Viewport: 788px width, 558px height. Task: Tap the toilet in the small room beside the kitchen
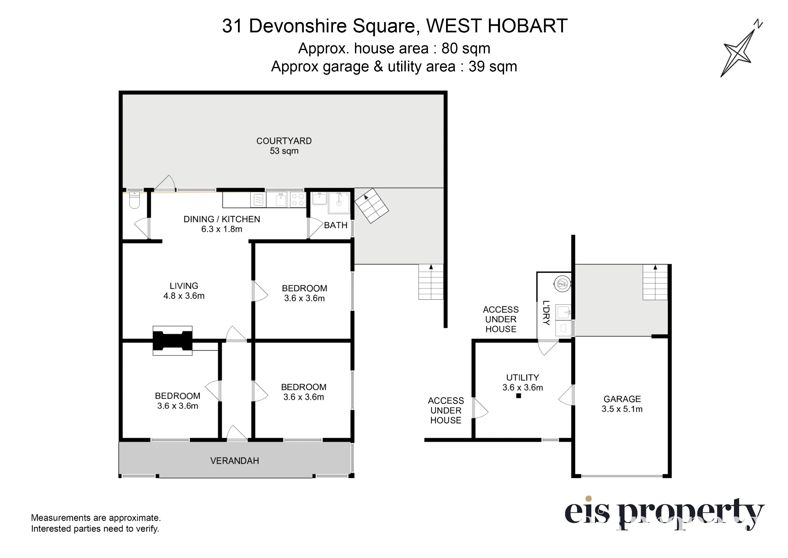click(x=134, y=200)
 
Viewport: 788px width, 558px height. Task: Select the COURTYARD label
click(x=284, y=141)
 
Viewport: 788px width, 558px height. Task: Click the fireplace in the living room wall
click(x=173, y=340)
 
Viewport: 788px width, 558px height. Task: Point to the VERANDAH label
click(x=234, y=461)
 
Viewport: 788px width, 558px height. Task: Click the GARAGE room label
click(x=622, y=399)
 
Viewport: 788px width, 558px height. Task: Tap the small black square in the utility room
click(x=519, y=396)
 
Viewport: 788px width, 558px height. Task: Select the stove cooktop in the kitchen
click(x=298, y=200)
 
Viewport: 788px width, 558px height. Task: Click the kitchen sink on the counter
click(x=281, y=200)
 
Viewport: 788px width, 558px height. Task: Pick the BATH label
click(x=336, y=225)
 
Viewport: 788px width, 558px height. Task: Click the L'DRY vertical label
click(x=546, y=312)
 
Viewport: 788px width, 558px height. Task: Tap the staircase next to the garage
click(x=655, y=283)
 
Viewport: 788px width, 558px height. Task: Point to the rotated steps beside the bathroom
click(x=372, y=206)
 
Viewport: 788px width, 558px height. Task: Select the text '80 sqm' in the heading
click(x=466, y=48)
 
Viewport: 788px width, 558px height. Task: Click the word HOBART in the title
click(x=527, y=26)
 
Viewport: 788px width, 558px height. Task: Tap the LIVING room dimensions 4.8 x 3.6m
click(x=184, y=296)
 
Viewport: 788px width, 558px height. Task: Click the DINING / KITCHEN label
click(x=222, y=219)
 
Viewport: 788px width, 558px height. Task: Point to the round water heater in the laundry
click(x=562, y=283)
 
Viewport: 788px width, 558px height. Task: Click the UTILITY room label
click(x=522, y=378)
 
